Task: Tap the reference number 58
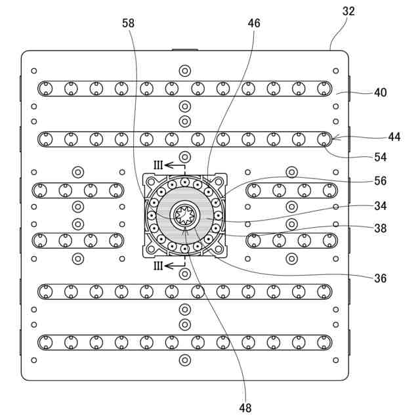129,23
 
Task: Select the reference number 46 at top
254,23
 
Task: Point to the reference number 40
380,93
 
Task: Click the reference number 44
394,136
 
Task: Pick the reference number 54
380,157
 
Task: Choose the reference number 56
380,181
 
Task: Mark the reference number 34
380,205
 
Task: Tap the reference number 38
380,228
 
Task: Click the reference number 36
380,278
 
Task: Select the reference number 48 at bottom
245,408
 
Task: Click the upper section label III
158,165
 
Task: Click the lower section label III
158,266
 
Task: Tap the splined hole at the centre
184,215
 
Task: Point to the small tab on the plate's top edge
184,49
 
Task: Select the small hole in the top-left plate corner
34,70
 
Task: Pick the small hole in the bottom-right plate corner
335,360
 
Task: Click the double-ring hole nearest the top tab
184,70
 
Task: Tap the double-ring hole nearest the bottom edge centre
184,360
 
